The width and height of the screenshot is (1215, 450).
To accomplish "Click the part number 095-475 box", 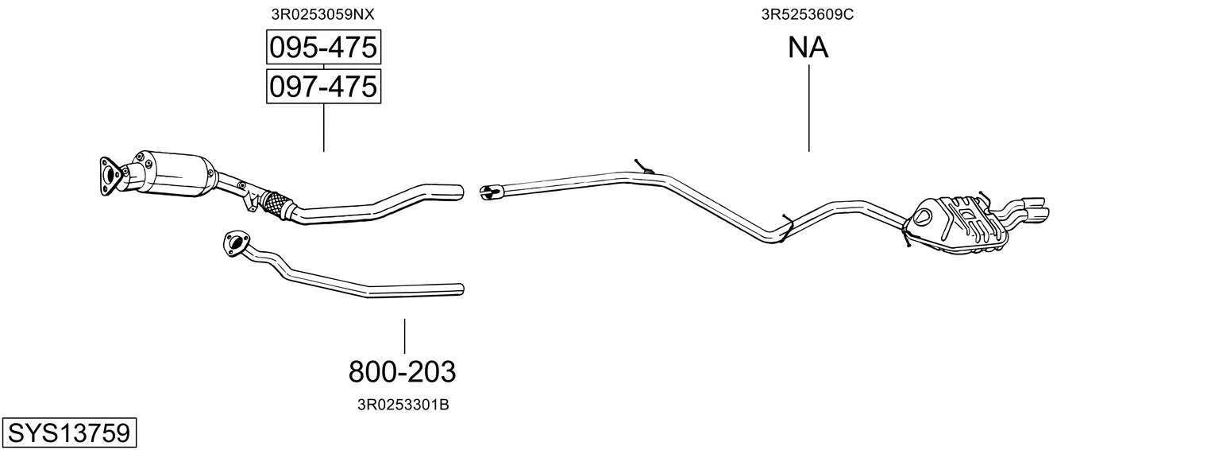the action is pos(323,47).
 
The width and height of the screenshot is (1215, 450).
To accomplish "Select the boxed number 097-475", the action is pos(323,87).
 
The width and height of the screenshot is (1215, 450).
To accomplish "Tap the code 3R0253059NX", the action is pos(322,14).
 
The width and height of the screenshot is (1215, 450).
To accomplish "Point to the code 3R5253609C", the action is pos(808,14).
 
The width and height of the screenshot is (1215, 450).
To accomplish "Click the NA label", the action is pos(808,48).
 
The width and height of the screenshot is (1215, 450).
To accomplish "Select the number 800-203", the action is pos(402,372).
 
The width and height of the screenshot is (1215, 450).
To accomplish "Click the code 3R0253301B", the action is pos(403,405).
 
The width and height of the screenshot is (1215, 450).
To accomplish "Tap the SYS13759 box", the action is pos(69,433).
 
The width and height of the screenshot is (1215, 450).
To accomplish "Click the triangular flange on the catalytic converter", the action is pos(110,176).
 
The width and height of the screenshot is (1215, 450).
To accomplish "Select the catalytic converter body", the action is pos(174,173).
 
